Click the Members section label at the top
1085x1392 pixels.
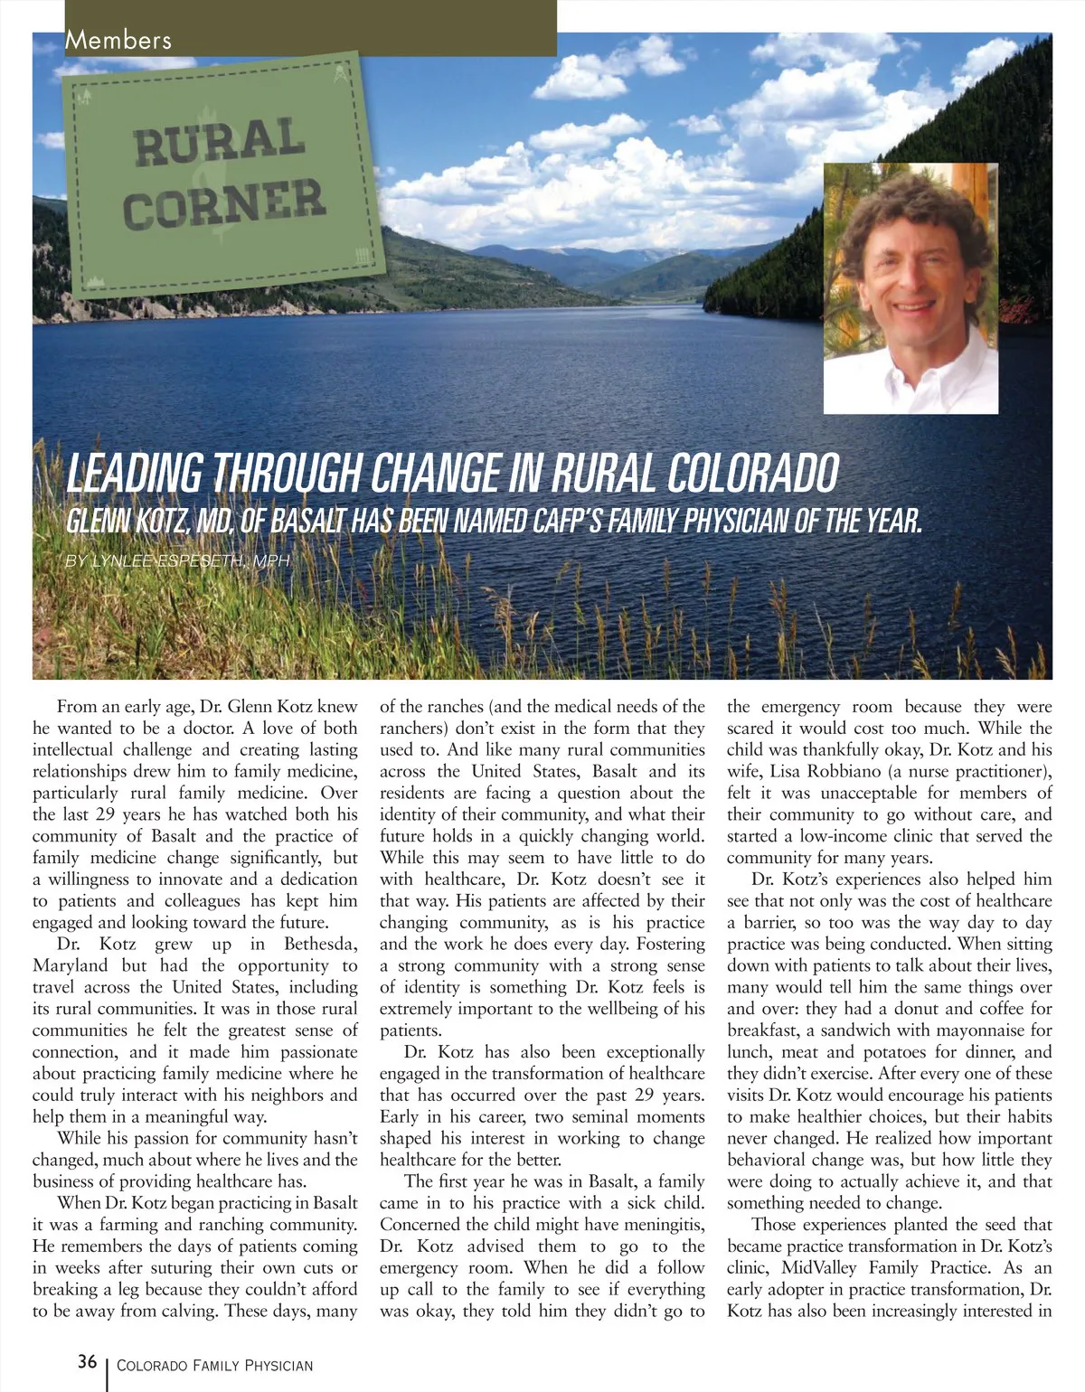coord(118,40)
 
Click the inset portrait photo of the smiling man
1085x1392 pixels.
coord(910,287)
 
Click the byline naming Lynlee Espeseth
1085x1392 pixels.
coord(177,561)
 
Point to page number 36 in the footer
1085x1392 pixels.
coord(88,1362)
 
